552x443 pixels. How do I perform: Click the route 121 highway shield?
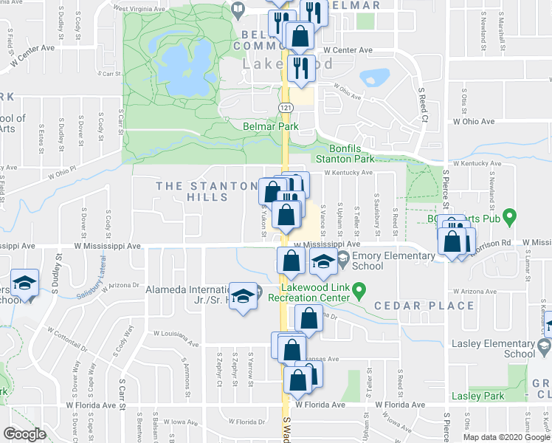[285, 108]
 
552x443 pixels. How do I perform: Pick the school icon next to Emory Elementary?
[322, 262]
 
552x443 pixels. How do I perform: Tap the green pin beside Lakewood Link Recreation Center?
[359, 289]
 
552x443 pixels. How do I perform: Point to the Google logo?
[24, 434]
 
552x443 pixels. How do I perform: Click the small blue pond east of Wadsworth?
[374, 77]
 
